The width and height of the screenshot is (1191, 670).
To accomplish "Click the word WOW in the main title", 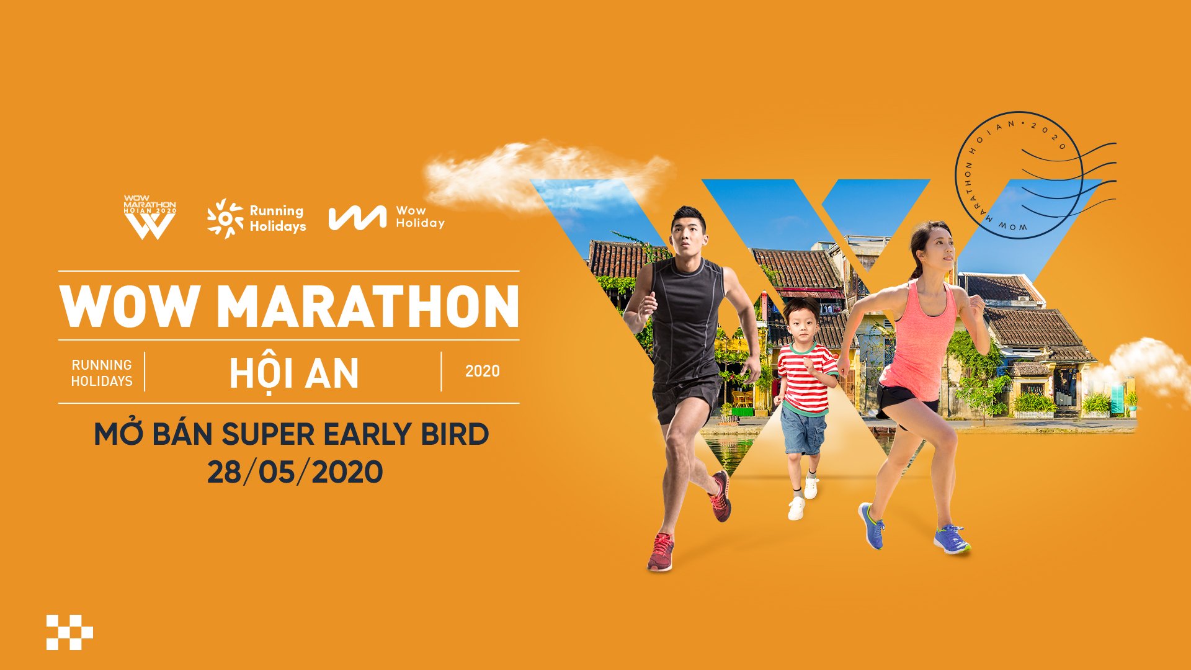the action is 129,306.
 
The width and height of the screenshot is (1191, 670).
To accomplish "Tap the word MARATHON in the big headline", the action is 368,306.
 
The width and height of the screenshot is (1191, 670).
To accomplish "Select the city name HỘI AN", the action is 294,372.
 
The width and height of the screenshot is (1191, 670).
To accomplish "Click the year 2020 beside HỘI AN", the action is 483,371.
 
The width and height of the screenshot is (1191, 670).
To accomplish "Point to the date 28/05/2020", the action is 295,472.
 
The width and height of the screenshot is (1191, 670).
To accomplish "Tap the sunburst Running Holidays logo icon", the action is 225,218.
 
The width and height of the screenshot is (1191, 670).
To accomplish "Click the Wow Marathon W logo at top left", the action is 149,218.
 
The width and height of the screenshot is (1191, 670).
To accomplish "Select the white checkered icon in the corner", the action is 69,633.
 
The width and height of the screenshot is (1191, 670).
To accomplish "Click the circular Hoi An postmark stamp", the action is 1019,176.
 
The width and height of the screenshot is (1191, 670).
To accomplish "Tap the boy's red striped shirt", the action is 806,377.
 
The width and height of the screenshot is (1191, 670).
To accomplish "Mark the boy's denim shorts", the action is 803,430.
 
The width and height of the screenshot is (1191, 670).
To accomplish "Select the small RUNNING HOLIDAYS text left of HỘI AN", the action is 102,372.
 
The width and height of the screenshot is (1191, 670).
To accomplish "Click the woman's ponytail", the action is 916,254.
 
